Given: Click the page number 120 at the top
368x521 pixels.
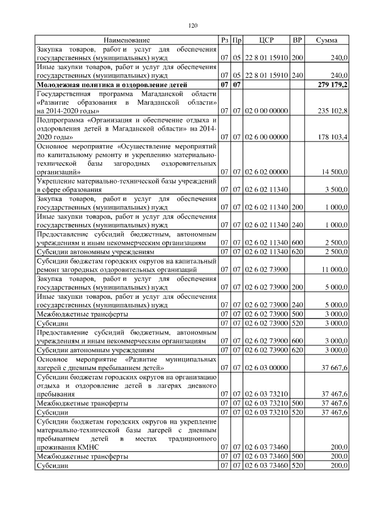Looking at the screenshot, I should point(193,25).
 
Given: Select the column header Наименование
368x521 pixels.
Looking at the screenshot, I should point(127,40).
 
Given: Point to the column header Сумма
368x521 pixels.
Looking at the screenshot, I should point(327,40).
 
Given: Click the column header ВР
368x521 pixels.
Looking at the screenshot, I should point(297,40).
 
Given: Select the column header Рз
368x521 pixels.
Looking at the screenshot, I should point(224,40).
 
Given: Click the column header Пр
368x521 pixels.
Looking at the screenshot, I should point(236,40).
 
